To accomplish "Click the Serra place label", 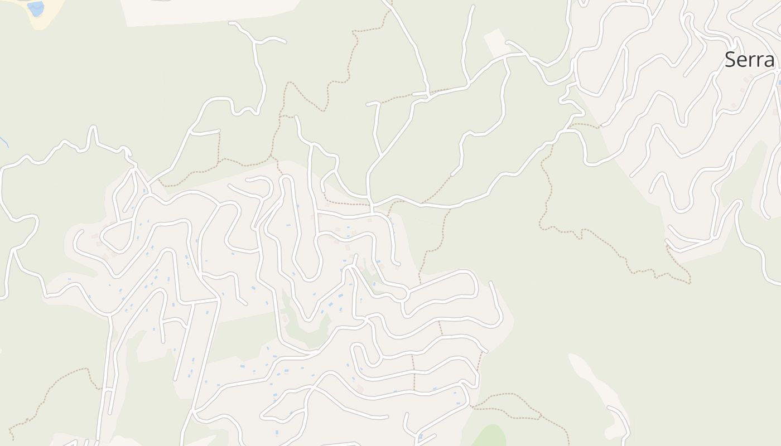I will [x=749, y=60].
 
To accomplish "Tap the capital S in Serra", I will [x=730, y=60].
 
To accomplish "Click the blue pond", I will [x=36, y=8].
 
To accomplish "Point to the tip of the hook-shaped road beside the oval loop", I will [x=491, y=283].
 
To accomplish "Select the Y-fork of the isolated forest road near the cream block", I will [x=257, y=42].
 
